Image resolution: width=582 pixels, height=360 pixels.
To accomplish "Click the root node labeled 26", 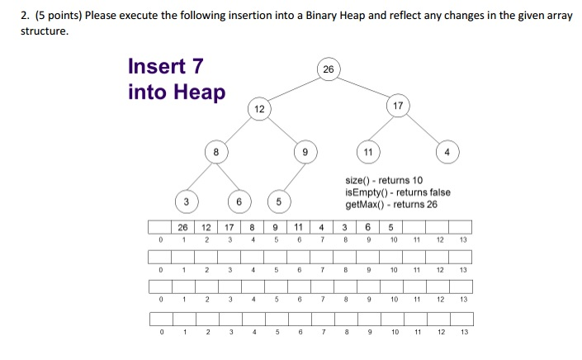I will coord(329,69).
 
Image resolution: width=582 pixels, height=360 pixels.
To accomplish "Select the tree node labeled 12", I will coord(259,109).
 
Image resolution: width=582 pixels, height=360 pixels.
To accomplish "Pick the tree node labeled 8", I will coord(215,151).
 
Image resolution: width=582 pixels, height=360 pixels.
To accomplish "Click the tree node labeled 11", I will coord(367,152).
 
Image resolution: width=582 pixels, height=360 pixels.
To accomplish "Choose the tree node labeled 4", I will coord(447,152).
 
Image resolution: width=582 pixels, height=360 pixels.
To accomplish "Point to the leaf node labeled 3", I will coord(187,201).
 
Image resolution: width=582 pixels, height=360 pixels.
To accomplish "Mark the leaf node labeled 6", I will coord(239,201).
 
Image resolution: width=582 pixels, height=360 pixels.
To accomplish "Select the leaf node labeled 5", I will coord(279,201).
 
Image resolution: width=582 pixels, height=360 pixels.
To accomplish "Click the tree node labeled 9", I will coord(305,152).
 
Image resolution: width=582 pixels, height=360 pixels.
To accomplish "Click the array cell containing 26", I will coord(182,228).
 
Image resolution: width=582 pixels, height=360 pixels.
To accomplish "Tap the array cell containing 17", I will coord(229,228).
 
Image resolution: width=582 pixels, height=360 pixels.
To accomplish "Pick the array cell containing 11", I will coord(297,228).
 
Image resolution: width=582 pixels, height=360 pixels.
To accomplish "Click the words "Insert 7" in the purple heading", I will coord(166,66).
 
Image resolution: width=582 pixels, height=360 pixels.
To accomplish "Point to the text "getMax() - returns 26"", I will coord(392,205).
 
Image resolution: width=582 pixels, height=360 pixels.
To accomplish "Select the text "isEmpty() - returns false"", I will coord(399,192).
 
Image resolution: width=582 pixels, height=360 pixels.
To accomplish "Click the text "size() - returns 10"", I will coord(384,180).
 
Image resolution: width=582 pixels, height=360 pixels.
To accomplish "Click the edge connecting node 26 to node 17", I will coord(363,88).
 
